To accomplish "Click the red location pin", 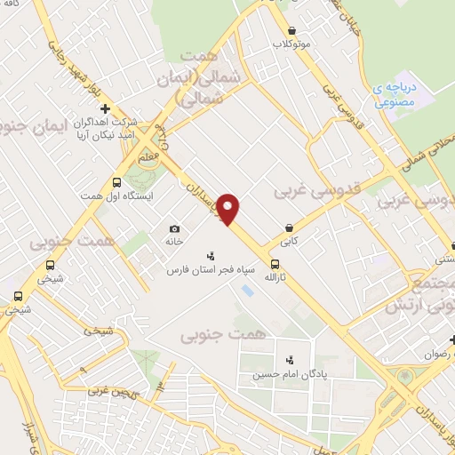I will [228, 208].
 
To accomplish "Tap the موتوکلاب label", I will [291, 44].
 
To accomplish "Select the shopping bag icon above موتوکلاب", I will [291, 29].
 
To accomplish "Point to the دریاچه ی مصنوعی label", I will [390, 97].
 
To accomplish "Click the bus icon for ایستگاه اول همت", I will [116, 181].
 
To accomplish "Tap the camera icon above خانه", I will [174, 228].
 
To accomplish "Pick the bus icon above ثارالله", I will [275, 264].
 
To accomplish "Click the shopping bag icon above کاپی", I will [290, 227].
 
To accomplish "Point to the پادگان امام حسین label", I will [291, 373].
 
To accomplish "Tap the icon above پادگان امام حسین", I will [291, 360].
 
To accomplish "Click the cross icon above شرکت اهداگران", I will [105, 108].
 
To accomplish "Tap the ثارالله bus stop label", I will [275, 277].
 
